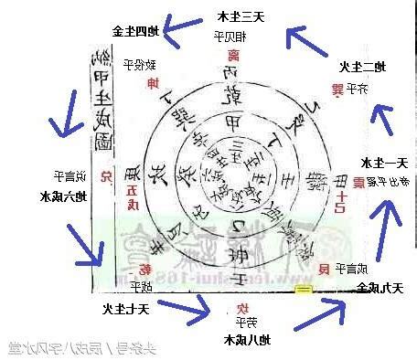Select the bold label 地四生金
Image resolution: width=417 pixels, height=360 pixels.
(136, 30)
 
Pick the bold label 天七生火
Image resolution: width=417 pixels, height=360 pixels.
(119, 308)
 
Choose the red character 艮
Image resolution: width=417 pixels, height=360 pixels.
(323, 268)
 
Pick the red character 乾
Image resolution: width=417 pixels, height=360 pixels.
(145, 268)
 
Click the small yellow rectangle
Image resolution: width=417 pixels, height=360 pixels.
(303, 290)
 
